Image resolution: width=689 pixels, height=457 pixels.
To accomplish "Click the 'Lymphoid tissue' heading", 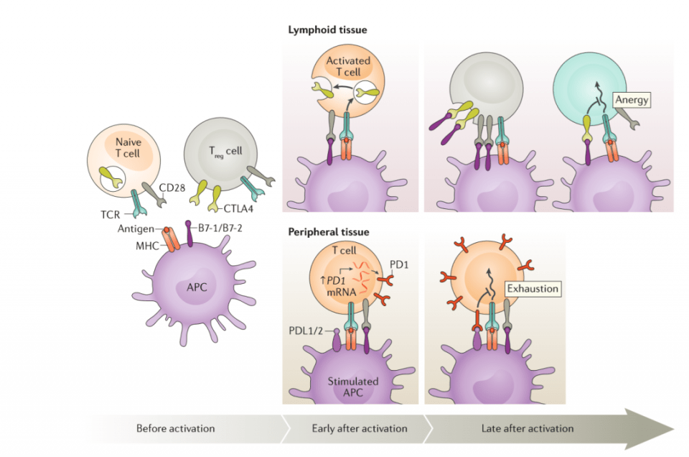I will click(328, 29).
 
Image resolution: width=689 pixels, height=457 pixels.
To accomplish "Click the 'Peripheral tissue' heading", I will click(329, 232).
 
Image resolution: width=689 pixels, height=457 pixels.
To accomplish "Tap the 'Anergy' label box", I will click(632, 101).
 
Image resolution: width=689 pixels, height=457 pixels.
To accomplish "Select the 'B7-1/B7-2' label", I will click(219, 230).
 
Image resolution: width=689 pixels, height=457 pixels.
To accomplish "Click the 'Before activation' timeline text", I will click(176, 428).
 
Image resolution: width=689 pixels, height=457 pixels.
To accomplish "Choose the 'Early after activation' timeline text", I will click(360, 428).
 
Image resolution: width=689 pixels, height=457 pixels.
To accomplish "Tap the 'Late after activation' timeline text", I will click(528, 428).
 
